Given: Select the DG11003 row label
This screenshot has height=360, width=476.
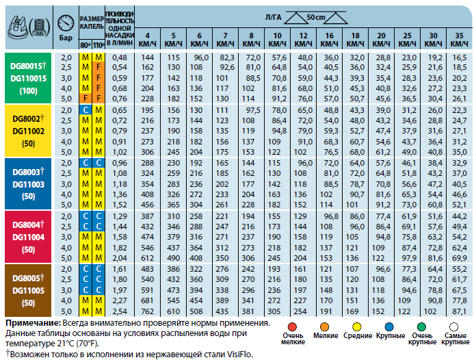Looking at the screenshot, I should point(27,185).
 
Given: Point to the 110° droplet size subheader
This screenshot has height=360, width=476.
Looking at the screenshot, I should point(98,44).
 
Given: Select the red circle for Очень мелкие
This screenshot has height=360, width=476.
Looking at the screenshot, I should point(293,328).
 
